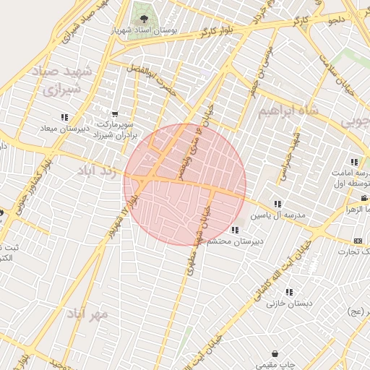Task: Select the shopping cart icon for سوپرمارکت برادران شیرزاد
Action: pos(115,113)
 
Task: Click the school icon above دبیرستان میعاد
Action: pos(64,117)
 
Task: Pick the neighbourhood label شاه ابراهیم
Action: pos(289,112)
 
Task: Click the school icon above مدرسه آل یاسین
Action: pos(278,204)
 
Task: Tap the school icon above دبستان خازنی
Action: pos(289,293)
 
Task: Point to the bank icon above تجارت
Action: pos(358,240)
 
